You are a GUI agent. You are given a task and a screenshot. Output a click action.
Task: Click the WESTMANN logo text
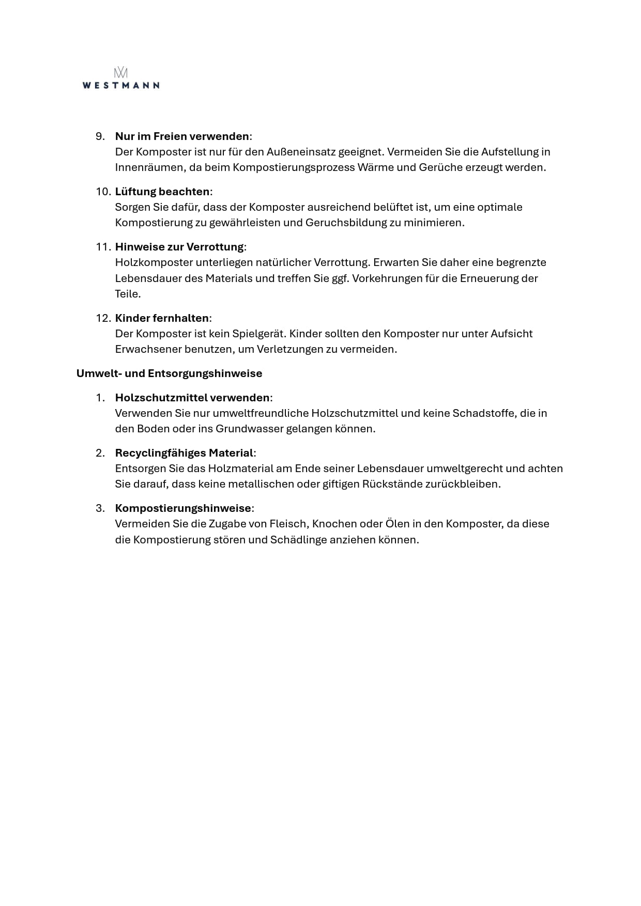coord(121,86)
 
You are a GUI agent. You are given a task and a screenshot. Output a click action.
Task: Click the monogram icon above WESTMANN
coord(121,73)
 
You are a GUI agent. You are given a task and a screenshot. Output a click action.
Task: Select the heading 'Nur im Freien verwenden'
coord(182,136)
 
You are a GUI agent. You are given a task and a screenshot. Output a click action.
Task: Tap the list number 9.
coord(100,136)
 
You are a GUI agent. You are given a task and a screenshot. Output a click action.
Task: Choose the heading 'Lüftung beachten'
coord(162,192)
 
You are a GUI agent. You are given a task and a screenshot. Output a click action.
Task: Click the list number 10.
coord(102,192)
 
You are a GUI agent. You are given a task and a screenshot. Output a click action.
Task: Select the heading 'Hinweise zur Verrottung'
coord(179,247)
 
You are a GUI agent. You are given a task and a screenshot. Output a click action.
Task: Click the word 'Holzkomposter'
coord(154,262)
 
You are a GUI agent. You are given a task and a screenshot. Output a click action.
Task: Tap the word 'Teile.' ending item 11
coord(128,294)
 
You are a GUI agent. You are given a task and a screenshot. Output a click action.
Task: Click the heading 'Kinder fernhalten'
coord(162,318)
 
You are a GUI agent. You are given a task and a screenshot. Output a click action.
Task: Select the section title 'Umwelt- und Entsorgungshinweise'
coord(169,373)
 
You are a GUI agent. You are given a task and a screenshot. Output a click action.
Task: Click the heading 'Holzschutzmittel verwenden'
coord(192,398)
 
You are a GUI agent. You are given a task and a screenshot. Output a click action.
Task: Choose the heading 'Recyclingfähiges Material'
coord(184,453)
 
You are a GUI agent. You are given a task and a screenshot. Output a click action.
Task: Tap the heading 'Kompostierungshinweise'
coord(183,508)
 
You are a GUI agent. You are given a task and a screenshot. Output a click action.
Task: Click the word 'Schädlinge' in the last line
coord(298,540)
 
